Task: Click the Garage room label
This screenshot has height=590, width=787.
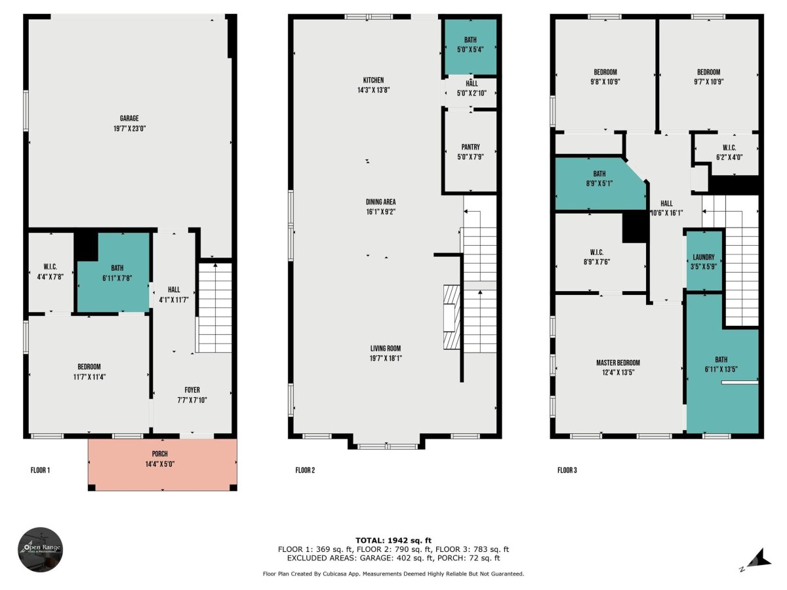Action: click(129, 118)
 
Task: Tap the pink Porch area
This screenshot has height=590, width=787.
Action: click(162, 465)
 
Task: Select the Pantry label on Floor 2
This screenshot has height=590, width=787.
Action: click(470, 147)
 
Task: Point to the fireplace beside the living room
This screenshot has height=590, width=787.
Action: click(452, 317)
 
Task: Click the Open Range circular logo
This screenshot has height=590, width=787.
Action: click(41, 549)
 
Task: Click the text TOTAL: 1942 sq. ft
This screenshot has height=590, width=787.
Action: click(393, 540)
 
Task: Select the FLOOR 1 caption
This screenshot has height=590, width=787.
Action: click(40, 470)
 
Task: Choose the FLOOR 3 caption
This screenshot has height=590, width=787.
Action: click(567, 470)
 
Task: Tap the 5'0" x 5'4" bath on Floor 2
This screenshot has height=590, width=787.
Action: click(470, 47)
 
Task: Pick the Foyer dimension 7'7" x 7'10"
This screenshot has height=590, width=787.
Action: click(192, 400)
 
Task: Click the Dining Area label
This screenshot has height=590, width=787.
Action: click(381, 202)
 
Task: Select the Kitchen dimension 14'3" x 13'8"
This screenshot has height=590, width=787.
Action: click(374, 90)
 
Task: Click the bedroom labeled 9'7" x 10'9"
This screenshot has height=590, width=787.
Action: click(708, 75)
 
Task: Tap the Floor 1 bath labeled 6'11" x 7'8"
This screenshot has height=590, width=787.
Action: click(113, 273)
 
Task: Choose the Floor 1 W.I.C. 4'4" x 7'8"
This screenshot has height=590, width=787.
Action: click(51, 272)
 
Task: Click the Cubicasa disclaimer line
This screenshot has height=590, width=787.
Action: click(393, 574)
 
